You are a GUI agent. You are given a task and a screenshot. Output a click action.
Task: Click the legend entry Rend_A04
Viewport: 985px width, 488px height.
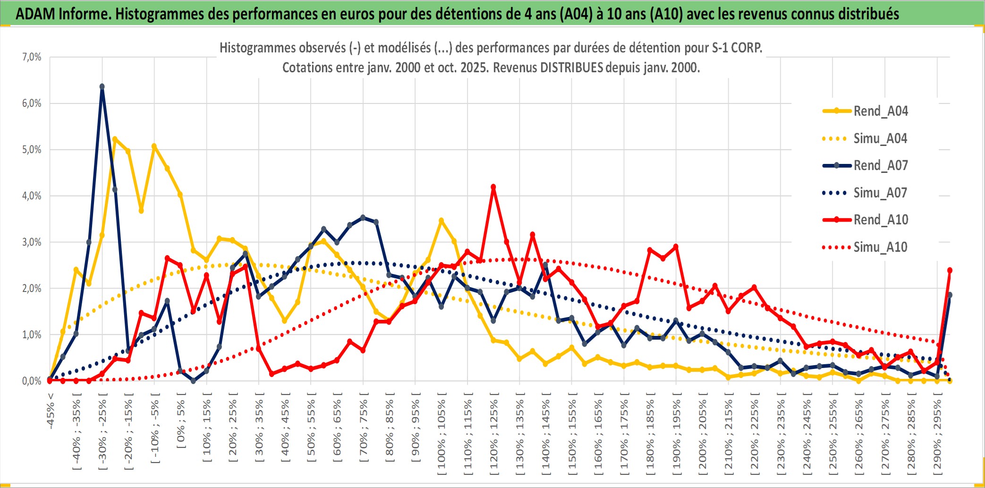880,111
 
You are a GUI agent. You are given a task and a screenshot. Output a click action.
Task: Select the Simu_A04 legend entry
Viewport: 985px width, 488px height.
880,138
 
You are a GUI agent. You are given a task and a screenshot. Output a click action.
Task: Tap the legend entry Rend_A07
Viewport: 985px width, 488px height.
880,165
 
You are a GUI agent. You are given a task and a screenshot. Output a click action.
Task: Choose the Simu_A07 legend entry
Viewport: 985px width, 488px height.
880,193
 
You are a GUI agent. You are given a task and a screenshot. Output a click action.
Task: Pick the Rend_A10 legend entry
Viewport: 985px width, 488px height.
880,220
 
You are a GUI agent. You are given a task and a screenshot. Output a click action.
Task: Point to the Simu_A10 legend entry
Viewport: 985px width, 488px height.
880,247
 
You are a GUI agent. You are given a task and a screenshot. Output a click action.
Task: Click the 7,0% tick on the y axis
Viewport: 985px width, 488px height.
32,57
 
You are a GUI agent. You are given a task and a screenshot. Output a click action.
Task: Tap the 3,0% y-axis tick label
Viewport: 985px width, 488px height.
32,242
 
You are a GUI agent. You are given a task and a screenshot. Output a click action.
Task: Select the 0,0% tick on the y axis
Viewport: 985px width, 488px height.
32,381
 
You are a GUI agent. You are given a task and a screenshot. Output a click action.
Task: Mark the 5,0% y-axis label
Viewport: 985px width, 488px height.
32,150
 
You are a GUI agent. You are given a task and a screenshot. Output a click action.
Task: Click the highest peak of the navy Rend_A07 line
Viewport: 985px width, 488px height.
102,86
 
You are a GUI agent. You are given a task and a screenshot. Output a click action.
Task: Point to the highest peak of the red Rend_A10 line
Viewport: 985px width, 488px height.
493,187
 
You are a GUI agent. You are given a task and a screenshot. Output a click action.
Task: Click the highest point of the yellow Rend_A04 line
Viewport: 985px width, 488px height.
115,139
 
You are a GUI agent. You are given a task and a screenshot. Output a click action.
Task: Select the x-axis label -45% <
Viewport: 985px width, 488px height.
51,411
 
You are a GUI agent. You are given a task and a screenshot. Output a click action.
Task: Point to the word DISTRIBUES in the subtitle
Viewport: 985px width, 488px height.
571,68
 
